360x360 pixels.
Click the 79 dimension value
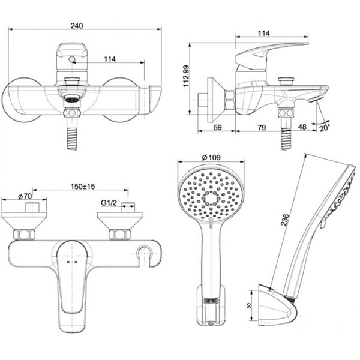(x=262, y=127)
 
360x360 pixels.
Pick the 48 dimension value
(x=302, y=127)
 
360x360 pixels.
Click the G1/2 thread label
(x=108, y=204)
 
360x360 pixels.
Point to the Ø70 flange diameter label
(x=25, y=196)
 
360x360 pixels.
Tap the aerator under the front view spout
(x=71, y=100)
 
